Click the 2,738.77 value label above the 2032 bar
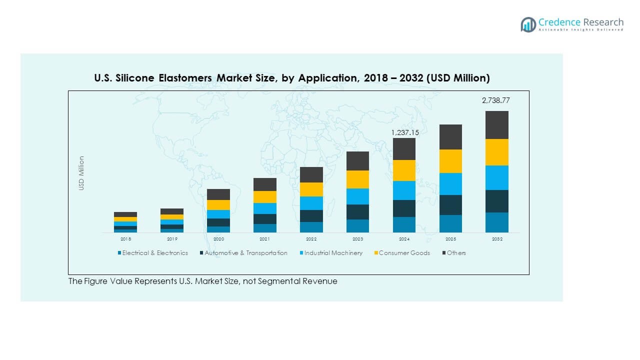pyautogui.click(x=495, y=100)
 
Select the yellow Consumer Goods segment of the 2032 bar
pyautogui.click(x=496, y=152)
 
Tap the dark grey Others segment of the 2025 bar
pyautogui.click(x=450, y=137)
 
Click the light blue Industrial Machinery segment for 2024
pyautogui.click(x=404, y=190)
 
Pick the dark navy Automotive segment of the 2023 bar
pyautogui.click(x=357, y=212)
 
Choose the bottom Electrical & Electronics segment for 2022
pyautogui.click(x=311, y=227)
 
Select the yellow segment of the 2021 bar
pyautogui.click(x=265, y=197)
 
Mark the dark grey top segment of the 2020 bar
pyautogui.click(x=218, y=194)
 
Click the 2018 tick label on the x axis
pyautogui.click(x=125, y=239)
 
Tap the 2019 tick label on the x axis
pyautogui.click(x=172, y=239)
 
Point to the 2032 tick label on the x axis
pyautogui.click(x=496, y=239)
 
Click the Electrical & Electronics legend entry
pyautogui.click(x=152, y=253)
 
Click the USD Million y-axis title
pyautogui.click(x=81, y=173)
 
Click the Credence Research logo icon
pyautogui.click(x=528, y=24)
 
